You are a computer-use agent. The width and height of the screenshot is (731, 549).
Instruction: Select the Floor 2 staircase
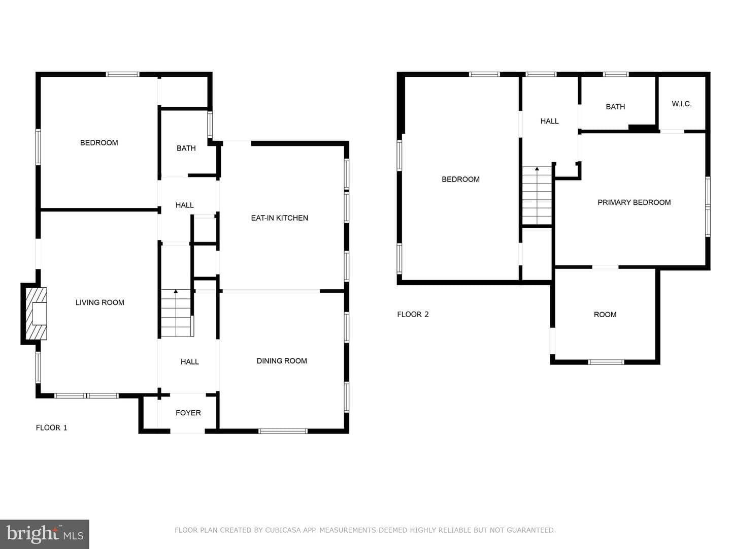pos(537,196)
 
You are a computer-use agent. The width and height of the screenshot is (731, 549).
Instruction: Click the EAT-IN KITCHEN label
pos(279,218)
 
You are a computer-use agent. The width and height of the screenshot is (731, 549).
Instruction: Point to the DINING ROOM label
pos(282,361)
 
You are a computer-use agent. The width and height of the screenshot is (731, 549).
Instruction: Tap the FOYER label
pos(188,413)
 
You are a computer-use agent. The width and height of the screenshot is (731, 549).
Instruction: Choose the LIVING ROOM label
pos(99,302)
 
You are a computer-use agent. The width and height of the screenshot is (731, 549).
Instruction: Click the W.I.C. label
pos(681,104)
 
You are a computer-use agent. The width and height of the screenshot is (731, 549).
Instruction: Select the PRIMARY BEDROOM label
pos(634,202)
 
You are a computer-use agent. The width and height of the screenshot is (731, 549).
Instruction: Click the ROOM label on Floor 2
pos(605,314)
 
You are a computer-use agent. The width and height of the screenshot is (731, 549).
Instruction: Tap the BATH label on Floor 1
pos(186,148)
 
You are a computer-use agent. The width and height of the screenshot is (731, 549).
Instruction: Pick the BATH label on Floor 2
pos(615,107)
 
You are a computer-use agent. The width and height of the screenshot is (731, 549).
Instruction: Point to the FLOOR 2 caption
pos(413,314)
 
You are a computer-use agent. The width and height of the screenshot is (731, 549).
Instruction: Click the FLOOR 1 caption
pos(51,428)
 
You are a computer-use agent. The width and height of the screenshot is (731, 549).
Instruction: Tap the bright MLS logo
pos(45,534)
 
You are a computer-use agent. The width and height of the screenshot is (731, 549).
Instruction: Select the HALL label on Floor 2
pos(549,121)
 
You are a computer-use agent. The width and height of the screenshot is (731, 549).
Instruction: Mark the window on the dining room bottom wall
pos(283,431)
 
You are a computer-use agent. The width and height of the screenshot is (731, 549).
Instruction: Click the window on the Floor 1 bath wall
pos(210,125)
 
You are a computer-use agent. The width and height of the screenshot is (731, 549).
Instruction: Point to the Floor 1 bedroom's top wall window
pos(122,74)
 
